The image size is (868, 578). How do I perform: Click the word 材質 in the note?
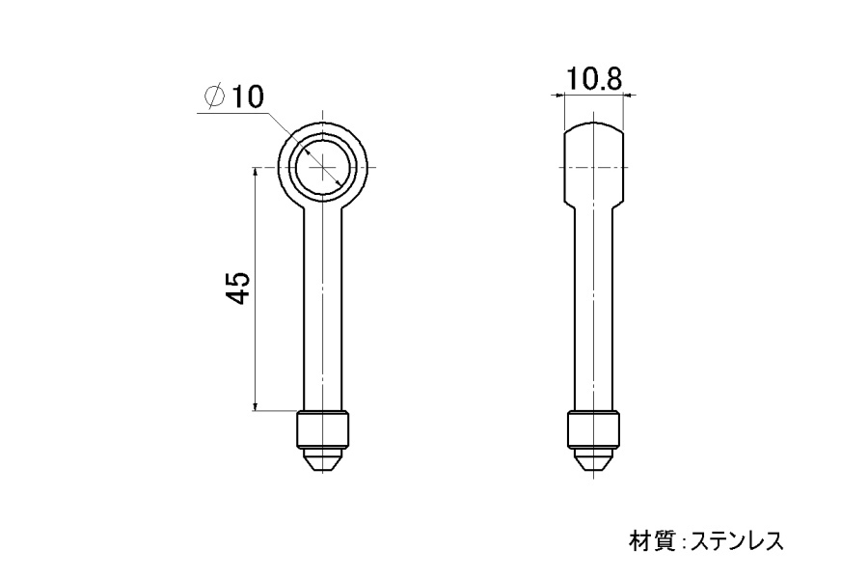(x=651, y=541)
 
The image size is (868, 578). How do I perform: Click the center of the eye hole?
(x=323, y=167)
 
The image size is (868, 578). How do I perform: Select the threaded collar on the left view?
(x=323, y=429)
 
